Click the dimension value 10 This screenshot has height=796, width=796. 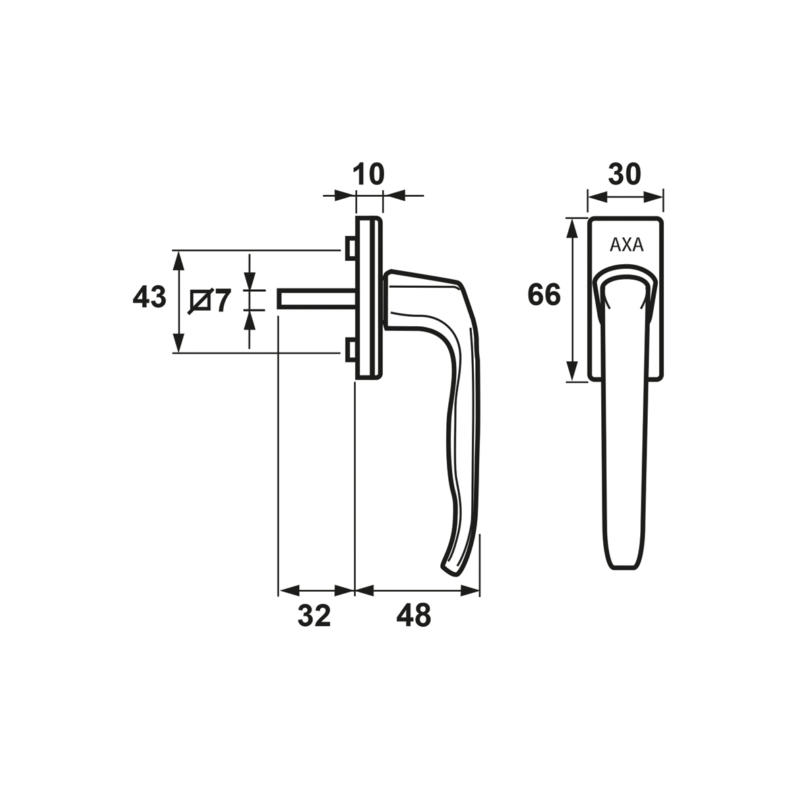tap(369, 174)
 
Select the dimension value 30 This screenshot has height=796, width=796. tap(625, 174)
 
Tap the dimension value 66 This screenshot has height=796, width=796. tap(544, 295)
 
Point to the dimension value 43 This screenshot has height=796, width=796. tap(149, 297)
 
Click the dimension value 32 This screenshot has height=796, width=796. tap(314, 616)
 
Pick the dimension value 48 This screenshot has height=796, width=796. tap(415, 616)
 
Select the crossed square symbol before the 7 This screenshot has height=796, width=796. tap(199, 301)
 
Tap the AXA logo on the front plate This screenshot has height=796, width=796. tap(626, 245)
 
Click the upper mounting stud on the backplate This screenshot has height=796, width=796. tap(350, 248)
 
